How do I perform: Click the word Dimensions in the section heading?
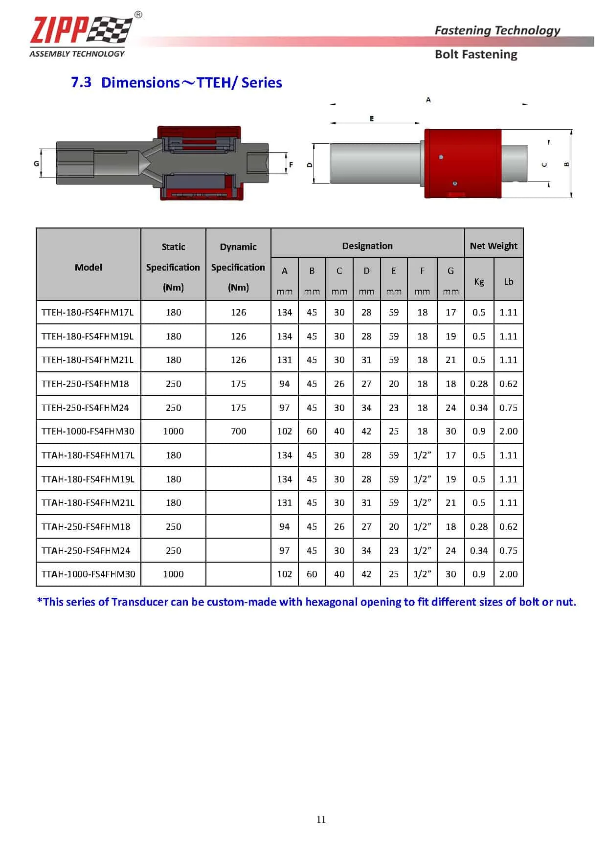140,83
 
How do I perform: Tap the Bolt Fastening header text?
475,54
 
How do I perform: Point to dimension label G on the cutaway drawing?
36,163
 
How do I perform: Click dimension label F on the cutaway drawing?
291,165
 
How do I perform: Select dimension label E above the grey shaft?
372,119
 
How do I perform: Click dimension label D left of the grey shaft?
309,165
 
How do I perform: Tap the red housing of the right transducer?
462,163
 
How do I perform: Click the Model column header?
89,267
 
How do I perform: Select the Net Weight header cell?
494,246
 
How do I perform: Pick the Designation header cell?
367,246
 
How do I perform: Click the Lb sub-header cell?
509,281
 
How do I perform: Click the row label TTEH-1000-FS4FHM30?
88,432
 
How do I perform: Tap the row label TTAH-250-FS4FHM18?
86,527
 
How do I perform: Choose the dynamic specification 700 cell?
238,432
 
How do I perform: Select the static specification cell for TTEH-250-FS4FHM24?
173,408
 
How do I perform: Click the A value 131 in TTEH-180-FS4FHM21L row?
284,360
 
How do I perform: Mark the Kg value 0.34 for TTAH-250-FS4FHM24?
479,551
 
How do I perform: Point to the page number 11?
321,819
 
